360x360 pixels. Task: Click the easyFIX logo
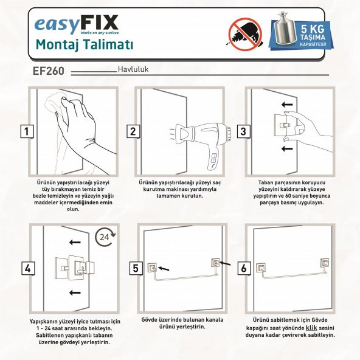click(77, 24)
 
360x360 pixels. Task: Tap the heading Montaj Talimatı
click(85, 45)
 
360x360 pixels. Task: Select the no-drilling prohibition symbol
click(246, 34)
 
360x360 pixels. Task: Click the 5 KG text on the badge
click(313, 29)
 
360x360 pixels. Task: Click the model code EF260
click(49, 71)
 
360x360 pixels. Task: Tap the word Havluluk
click(133, 69)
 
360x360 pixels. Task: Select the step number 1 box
click(27, 131)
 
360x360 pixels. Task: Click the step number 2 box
click(133, 131)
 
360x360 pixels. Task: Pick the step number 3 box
click(243, 131)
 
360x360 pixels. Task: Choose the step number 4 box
click(28, 268)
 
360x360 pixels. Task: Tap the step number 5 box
click(136, 268)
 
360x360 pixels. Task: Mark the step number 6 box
click(244, 268)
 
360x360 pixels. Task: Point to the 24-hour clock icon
click(105, 237)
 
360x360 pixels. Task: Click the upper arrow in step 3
click(287, 105)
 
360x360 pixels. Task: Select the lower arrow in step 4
click(75, 292)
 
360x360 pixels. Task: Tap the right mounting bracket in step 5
click(216, 263)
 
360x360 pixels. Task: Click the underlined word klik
click(311, 328)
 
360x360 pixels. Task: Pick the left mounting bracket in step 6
click(261, 268)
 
